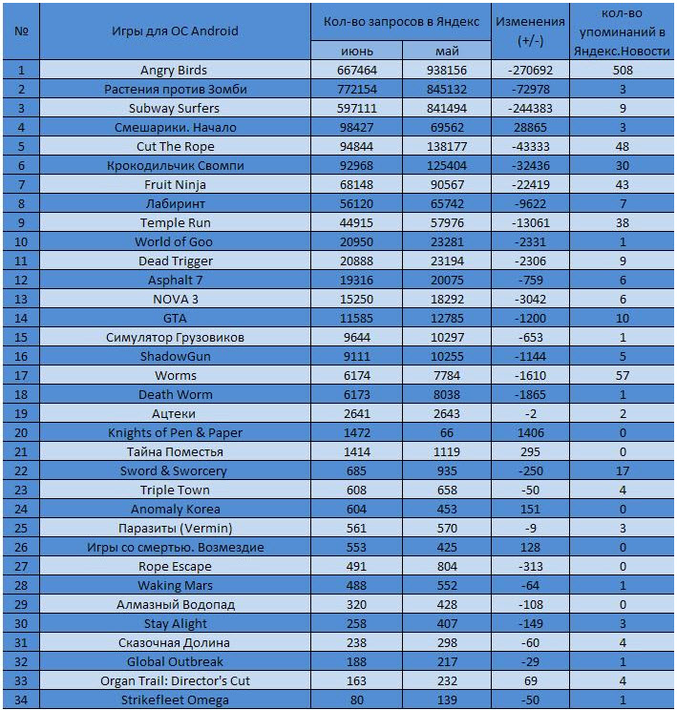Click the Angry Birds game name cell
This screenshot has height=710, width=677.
174,71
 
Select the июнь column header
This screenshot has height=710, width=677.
356,51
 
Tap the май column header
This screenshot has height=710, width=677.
447,51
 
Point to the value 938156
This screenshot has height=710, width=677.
447,71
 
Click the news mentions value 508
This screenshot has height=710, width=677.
623,71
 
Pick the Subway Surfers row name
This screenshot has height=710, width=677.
174,108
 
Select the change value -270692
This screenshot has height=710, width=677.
530,71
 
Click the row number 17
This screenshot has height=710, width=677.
21,375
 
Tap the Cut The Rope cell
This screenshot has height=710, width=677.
176,146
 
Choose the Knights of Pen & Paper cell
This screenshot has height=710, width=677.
175,432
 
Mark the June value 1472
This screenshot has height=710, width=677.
356,432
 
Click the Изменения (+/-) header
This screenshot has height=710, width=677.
530,31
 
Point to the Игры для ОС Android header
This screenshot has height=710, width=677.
175,31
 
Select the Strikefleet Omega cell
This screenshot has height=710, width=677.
175,700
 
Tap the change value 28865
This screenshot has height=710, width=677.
530,127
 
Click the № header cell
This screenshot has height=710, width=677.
21,31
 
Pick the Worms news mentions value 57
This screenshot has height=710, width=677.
623,375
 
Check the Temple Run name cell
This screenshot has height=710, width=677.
176,222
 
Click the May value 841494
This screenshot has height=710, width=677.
447,108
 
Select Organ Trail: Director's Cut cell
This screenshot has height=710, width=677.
175,680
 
